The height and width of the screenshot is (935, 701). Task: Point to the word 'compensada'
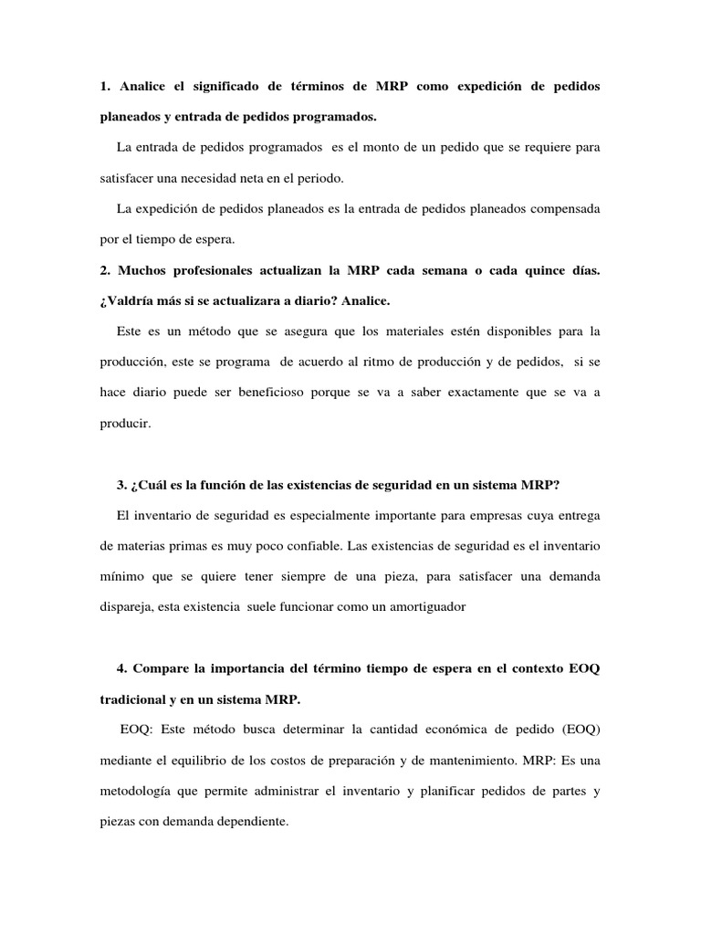pyautogui.click(x=559, y=209)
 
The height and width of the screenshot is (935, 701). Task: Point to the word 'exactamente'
pyautogui.click(x=459, y=393)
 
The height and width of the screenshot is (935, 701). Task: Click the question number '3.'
pyautogui.click(x=123, y=485)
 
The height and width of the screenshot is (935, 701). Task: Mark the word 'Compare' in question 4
pyautogui.click(x=162, y=669)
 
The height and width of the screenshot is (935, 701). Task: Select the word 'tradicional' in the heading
pyautogui.click(x=138, y=700)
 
